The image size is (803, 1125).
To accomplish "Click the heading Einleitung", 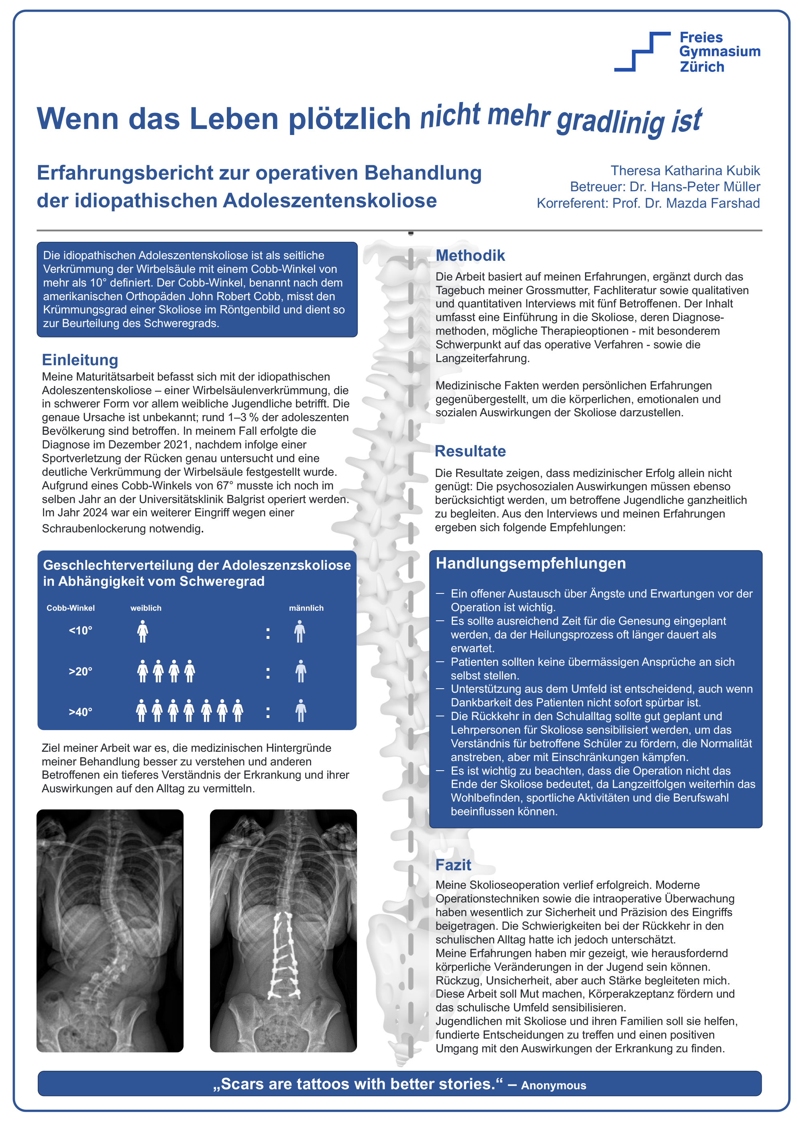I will pyautogui.click(x=80, y=360).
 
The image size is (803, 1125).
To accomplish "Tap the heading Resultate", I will pyautogui.click(x=470, y=451).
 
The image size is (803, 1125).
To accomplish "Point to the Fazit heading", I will pyautogui.click(x=453, y=865).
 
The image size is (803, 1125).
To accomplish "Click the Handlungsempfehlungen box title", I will pyautogui.click(x=530, y=563).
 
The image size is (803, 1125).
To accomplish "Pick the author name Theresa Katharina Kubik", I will pyautogui.click(x=685, y=171).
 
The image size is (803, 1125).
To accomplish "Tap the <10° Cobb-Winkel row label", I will pyautogui.click(x=81, y=631).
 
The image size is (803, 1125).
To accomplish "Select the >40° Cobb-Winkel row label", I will pyautogui.click(x=81, y=712).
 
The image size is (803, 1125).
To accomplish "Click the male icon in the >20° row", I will pyautogui.click(x=301, y=671).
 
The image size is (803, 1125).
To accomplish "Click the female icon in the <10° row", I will pyautogui.click(x=143, y=631).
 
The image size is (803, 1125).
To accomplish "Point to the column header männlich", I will pyautogui.click(x=306, y=608).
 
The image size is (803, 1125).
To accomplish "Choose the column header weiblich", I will pyautogui.click(x=146, y=608).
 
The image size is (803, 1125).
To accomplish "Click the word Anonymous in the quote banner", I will pyautogui.click(x=553, y=1085).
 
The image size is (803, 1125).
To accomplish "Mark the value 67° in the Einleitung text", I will pyautogui.click(x=224, y=486).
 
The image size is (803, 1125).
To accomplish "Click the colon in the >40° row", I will pyautogui.click(x=268, y=712).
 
